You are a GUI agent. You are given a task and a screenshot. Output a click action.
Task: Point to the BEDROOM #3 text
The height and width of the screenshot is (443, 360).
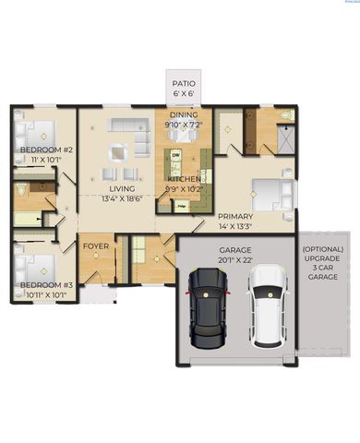coord(44,285)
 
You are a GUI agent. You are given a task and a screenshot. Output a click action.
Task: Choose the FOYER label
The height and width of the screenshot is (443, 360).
coord(97,246)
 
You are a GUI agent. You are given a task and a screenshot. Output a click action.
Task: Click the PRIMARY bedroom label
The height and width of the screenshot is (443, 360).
coord(233,215)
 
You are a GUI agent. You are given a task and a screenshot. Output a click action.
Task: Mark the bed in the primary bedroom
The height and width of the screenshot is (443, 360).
coord(271,194)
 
